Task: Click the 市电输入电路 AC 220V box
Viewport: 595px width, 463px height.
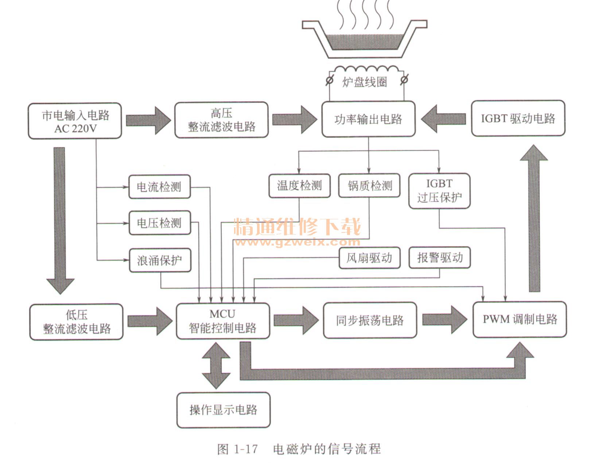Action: [x=75, y=121]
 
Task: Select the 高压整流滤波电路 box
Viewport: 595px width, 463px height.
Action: [x=221, y=120]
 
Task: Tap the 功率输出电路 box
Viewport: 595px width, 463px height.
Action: [x=368, y=119]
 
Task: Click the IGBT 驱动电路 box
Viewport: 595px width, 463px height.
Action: [x=518, y=119]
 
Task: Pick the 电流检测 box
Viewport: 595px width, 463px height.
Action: [x=159, y=187]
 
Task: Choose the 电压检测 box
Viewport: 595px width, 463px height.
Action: [x=159, y=223]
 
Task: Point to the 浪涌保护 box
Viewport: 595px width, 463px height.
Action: [x=160, y=260]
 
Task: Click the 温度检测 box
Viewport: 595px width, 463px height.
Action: [x=299, y=186]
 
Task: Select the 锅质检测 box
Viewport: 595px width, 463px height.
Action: [x=369, y=186]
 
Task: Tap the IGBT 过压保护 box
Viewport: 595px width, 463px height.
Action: [x=439, y=191]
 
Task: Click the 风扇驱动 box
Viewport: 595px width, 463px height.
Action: [x=369, y=258]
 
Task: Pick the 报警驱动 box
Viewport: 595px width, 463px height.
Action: [x=439, y=258]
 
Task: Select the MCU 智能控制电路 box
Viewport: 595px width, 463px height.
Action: [x=223, y=321]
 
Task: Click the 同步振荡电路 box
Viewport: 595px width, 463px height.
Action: [x=370, y=320]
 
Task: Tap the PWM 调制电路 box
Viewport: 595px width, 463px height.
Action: [x=520, y=319]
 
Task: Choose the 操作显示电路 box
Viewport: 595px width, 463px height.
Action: [x=223, y=410]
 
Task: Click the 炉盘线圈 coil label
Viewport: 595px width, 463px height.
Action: [x=365, y=82]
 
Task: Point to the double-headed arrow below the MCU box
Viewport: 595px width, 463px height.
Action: [x=216, y=365]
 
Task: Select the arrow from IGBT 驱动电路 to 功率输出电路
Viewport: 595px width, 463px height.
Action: [x=444, y=119]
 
